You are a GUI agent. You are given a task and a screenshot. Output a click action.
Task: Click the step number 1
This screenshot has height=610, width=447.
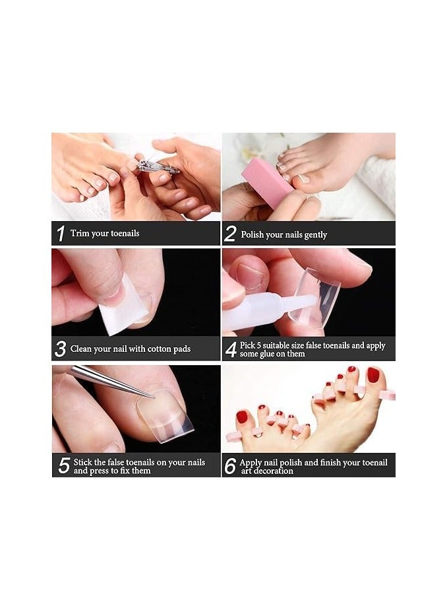coord(61,234)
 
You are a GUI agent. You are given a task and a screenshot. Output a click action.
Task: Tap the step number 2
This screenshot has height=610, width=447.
coord(230,234)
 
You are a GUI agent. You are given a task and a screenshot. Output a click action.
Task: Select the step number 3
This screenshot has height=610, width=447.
coord(60,349)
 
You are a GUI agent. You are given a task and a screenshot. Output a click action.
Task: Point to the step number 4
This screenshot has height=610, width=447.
coord(231,349)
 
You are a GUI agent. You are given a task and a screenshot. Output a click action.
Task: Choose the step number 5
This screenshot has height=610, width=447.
coord(64,465)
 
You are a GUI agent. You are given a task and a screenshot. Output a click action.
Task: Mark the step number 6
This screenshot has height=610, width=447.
coord(230,465)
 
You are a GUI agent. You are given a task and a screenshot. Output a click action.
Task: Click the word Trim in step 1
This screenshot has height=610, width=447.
coord(80,233)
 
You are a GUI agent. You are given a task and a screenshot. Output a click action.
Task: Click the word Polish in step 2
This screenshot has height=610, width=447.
coord(253,234)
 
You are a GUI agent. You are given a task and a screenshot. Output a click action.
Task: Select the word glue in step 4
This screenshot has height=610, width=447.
coord(268,354)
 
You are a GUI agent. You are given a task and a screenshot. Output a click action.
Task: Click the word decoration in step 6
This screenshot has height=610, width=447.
coord(273,471)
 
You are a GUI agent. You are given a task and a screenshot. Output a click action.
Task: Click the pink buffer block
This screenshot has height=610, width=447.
coord(267,180)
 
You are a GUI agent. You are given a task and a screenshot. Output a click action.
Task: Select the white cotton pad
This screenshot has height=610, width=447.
coord(123,308)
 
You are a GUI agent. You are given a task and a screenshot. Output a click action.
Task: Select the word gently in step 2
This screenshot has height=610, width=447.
coord(316,235)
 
